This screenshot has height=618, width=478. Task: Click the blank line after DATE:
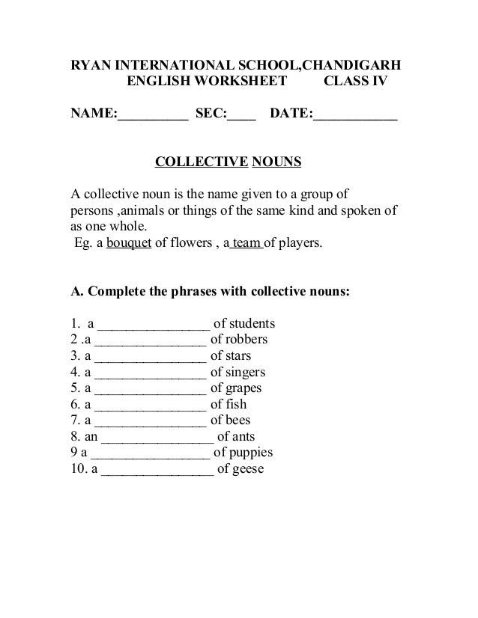[355, 114]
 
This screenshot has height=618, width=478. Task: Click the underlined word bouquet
[130, 243]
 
